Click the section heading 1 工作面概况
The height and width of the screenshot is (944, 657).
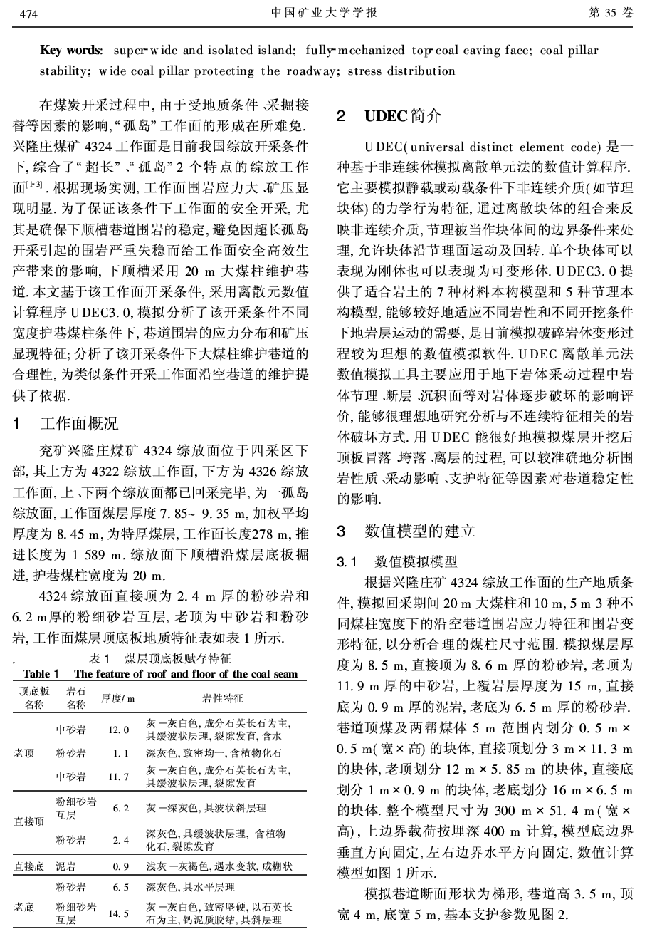coord(68,425)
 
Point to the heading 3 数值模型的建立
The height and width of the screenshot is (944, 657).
coord(406,531)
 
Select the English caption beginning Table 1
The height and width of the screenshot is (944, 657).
coord(160,674)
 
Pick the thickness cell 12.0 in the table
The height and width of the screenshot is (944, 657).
coord(119,730)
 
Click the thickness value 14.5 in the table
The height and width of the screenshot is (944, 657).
coord(119,913)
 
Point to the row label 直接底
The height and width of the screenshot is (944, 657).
coord(29,867)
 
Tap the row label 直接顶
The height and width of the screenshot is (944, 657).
coord(29,821)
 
